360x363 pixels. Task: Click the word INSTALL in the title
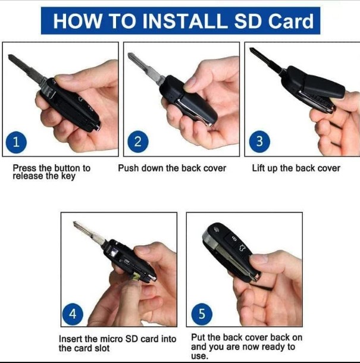click(184, 21)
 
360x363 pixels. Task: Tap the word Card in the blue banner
click(291, 21)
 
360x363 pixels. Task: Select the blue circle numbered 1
click(16, 142)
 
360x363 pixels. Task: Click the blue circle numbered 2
click(137, 142)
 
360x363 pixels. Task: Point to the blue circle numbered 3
click(259, 142)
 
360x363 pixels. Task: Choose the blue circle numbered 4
click(73, 314)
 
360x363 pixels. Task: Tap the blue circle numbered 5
click(202, 314)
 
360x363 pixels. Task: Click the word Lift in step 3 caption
click(258, 168)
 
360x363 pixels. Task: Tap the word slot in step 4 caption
click(102, 348)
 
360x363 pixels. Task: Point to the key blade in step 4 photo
click(89, 233)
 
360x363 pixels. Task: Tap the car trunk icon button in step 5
click(243, 248)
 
